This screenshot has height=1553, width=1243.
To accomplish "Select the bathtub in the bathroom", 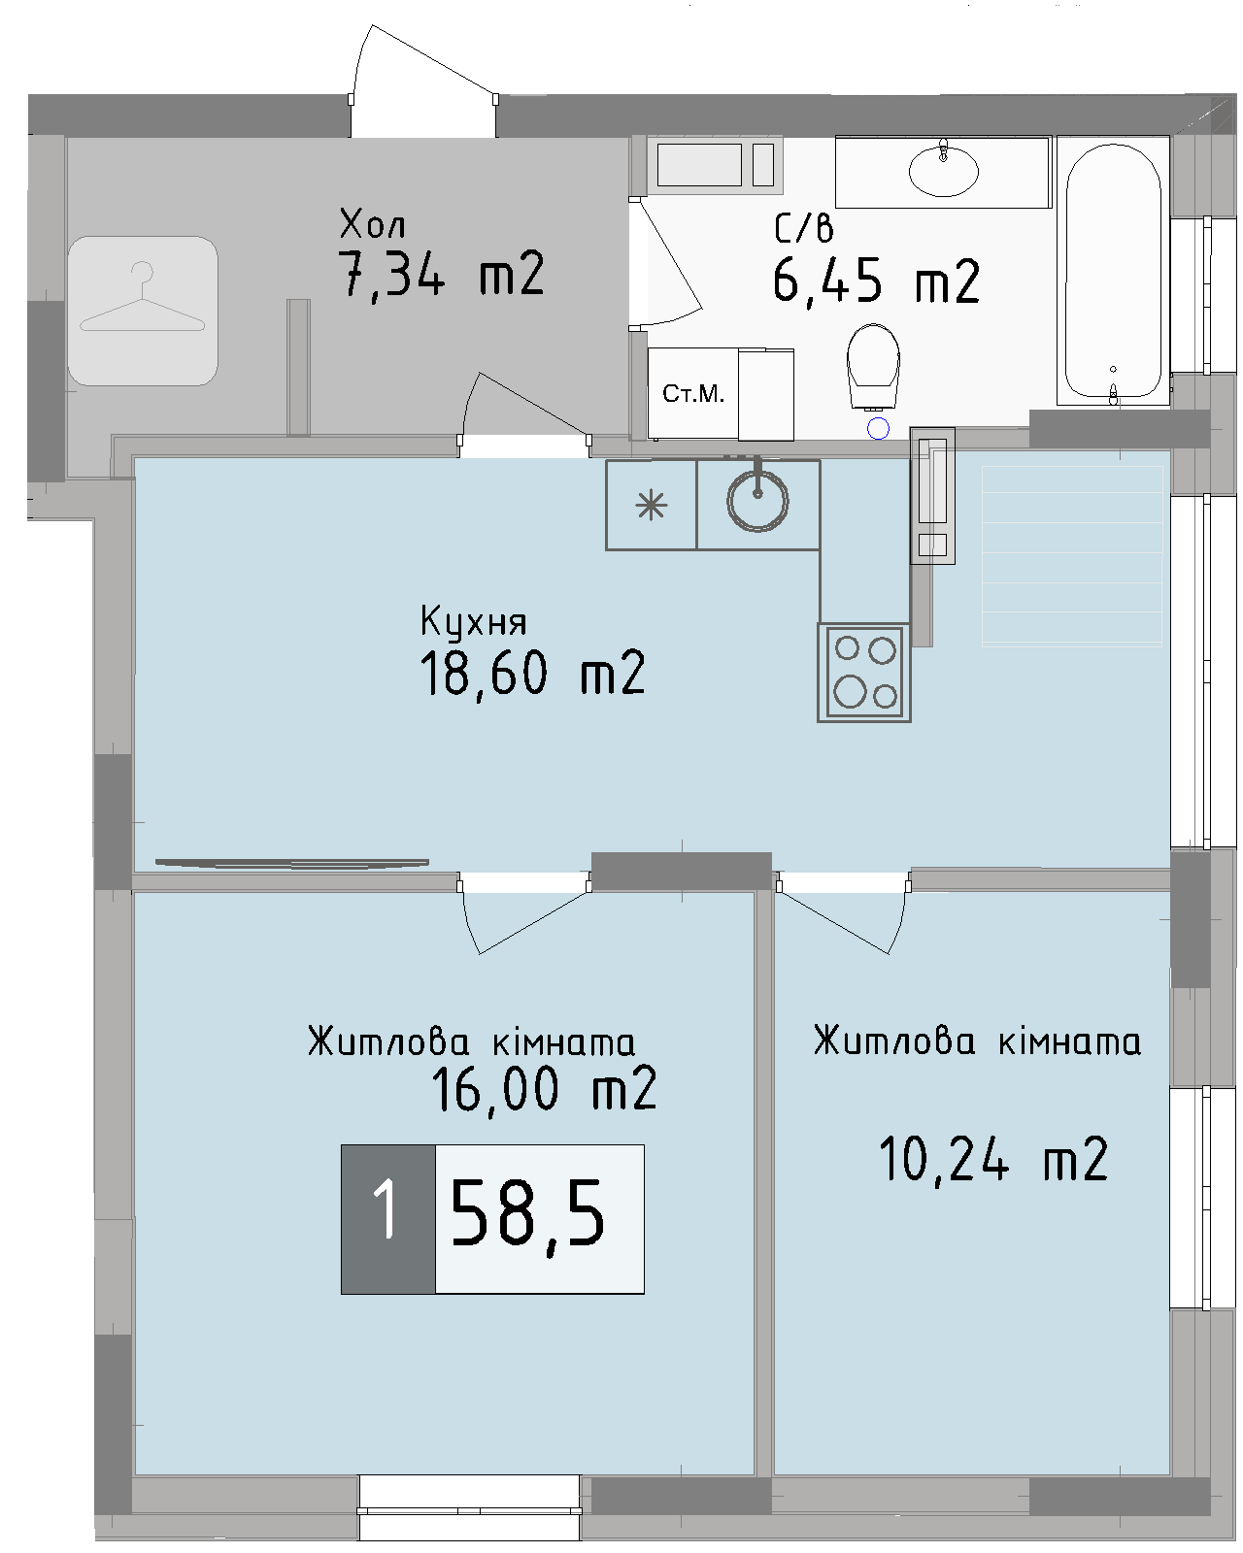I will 1113,271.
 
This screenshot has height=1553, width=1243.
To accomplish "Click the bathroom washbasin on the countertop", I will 943,171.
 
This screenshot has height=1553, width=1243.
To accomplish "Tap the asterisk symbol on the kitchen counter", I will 651,506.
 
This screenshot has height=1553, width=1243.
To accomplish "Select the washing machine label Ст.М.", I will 693,393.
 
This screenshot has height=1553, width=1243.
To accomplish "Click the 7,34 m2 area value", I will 441,275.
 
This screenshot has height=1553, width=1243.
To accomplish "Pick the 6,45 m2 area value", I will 876,282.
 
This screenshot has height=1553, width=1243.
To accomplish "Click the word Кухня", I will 473,621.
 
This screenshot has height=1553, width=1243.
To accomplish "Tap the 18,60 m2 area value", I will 532,674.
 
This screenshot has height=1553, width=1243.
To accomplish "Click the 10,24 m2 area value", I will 992,1159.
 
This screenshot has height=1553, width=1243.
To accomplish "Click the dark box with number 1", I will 387,1218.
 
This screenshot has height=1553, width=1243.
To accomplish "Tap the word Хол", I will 372,224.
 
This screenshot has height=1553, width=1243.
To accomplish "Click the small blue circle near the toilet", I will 878,428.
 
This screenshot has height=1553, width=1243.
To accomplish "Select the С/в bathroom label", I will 803,229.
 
